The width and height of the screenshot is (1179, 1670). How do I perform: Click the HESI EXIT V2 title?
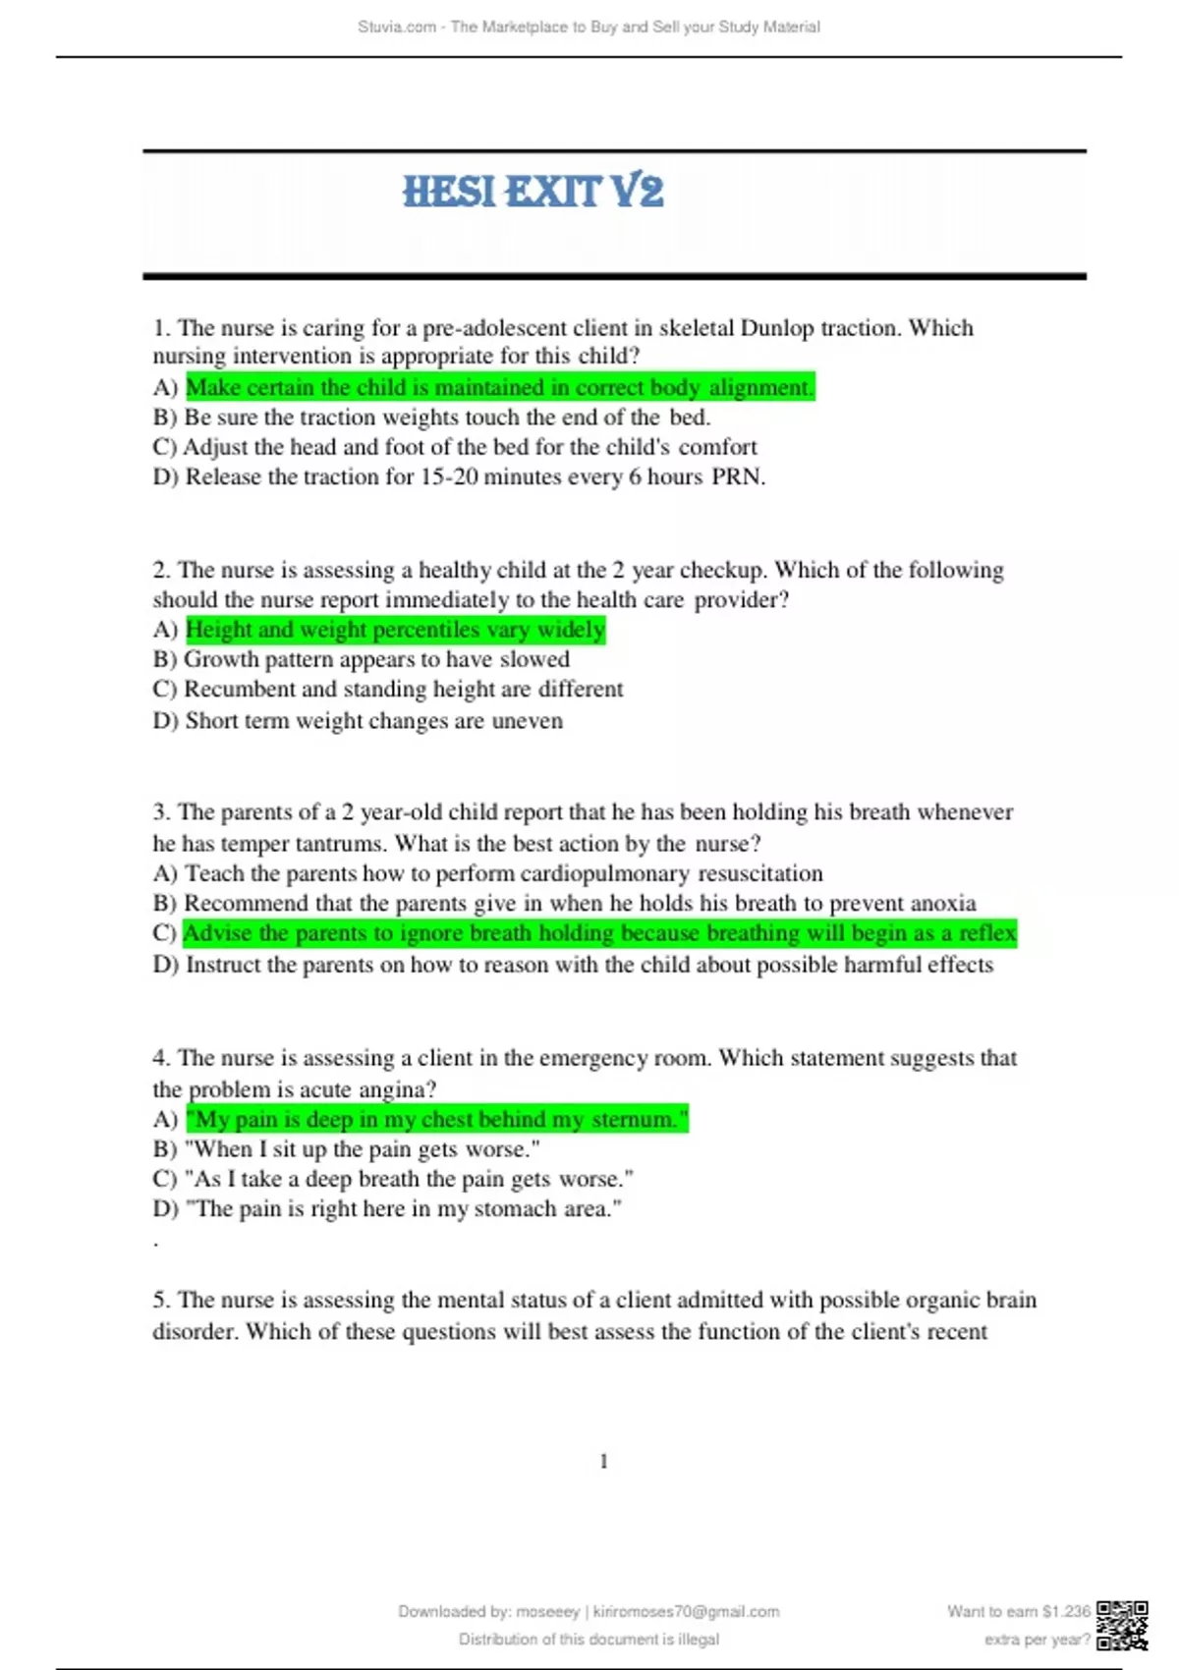click(533, 191)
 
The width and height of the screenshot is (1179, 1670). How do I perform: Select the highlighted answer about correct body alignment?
click(499, 388)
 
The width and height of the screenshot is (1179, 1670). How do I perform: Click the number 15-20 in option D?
click(451, 477)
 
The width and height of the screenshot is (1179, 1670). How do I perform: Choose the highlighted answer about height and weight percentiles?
click(395, 630)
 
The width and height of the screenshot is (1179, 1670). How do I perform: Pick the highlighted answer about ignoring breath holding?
click(599, 933)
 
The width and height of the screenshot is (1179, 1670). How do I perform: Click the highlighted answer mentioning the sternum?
click(437, 1120)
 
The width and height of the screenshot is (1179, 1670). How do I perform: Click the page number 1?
click(603, 1462)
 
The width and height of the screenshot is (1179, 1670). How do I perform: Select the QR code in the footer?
click(1122, 1625)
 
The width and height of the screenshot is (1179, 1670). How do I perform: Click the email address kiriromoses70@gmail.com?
click(686, 1612)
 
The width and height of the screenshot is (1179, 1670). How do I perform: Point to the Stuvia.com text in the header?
click(397, 28)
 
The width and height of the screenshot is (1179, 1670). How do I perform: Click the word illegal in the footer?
click(698, 1640)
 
